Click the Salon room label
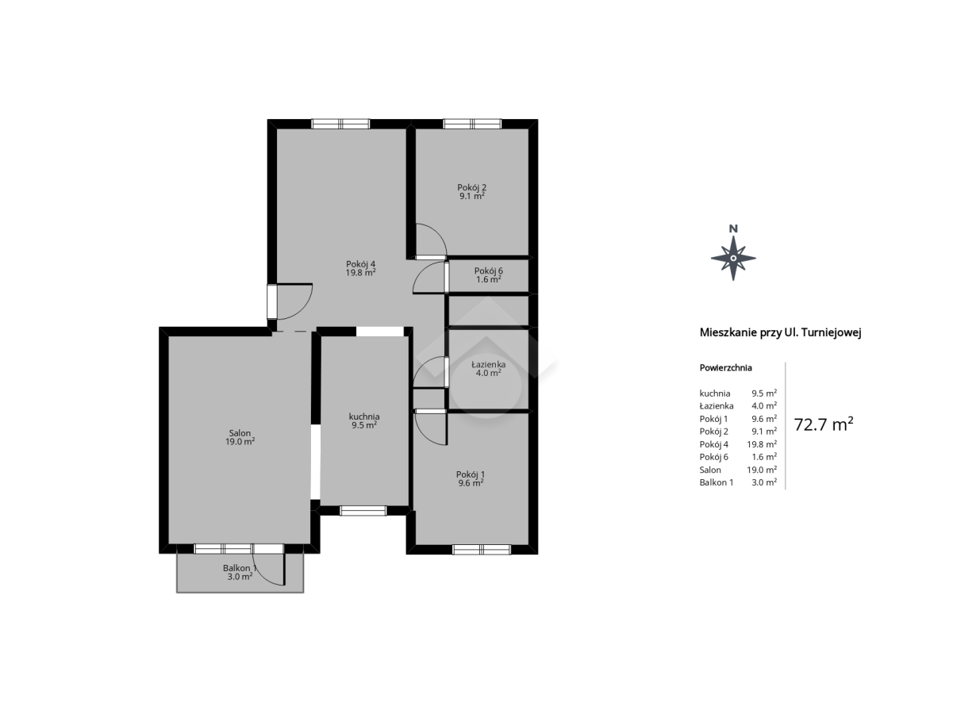[x=240, y=433]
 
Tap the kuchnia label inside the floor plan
[x=364, y=416]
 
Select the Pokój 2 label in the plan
[x=472, y=187]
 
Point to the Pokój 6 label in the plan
[x=489, y=271]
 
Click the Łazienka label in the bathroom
[x=489, y=365]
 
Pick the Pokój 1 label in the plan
[x=471, y=474]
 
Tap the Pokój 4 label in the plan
[x=361, y=264]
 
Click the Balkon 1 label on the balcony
[x=240, y=568]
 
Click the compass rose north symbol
[x=733, y=259]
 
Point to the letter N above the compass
[x=733, y=228]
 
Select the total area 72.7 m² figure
[x=824, y=424]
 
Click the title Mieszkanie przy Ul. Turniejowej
[x=780, y=333]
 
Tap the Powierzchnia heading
[x=725, y=367]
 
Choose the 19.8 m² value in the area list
[x=762, y=444]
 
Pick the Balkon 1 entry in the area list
[x=717, y=482]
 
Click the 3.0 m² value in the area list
[x=764, y=482]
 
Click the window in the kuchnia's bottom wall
[x=363, y=511]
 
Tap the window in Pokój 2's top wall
[x=472, y=124]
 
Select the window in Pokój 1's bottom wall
[x=482, y=549]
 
